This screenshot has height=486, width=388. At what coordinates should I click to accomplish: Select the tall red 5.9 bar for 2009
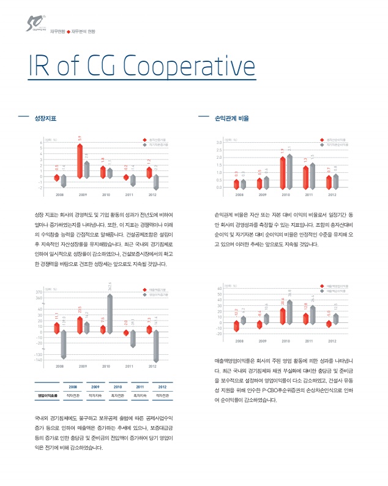[80, 160]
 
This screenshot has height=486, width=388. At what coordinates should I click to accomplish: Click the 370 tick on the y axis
[39, 292]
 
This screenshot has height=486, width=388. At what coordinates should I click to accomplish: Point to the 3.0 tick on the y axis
[218, 143]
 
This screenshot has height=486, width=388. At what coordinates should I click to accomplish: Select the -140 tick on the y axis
[39, 360]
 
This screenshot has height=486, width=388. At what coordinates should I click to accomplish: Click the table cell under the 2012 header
[162, 396]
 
